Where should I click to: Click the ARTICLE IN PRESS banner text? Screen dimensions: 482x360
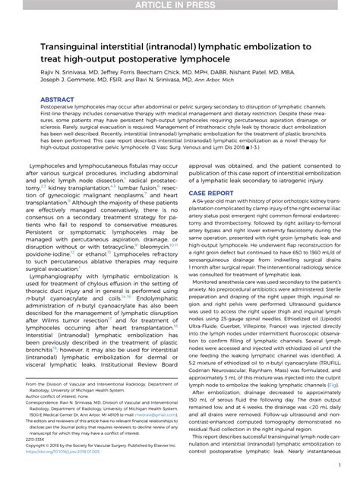coord(180,6)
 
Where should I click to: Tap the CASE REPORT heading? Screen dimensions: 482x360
coord(210,194)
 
